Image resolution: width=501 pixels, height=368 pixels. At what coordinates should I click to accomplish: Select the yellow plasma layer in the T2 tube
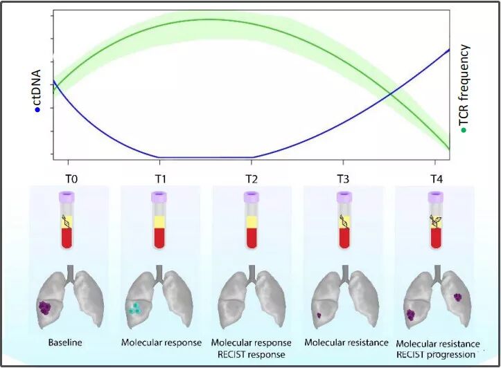(252, 222)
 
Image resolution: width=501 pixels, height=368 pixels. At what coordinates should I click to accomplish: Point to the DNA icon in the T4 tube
(436, 221)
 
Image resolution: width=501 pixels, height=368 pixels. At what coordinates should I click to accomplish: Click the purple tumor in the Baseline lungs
(46, 307)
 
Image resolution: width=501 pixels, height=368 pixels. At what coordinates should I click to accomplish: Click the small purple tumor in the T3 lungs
(318, 316)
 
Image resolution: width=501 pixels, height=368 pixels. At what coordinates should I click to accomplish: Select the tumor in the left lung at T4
(411, 315)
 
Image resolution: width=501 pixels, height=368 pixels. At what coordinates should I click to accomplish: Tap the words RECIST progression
(436, 355)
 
